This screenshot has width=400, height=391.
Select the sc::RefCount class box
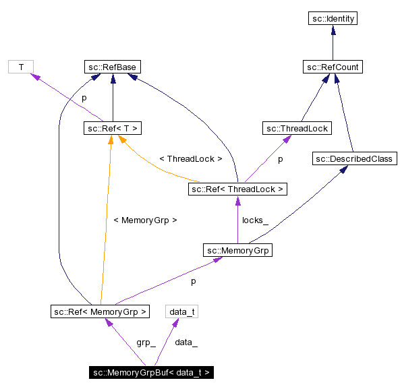332,67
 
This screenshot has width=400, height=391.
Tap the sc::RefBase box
112,67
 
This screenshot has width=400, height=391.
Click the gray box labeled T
21,67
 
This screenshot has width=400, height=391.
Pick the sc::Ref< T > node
112,128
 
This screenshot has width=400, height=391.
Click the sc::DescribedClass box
355,158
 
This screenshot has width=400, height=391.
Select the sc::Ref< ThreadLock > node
237,189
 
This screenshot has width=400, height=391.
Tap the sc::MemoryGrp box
237,250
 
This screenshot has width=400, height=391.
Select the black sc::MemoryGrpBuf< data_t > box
152,372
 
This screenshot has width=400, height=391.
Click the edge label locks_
255,220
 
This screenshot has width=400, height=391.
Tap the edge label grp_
146,342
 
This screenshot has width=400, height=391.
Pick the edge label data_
186,342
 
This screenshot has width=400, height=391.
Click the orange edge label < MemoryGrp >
145,220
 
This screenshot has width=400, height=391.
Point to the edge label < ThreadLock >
190,159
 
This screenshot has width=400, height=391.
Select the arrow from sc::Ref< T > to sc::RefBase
112,98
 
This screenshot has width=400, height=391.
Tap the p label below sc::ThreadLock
280,159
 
